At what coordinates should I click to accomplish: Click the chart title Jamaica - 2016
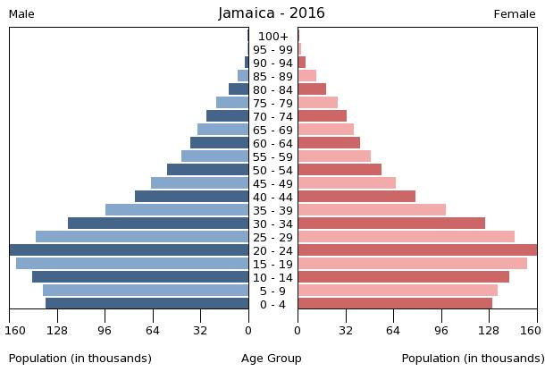click(272, 13)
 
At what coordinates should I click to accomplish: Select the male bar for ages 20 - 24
click(130, 250)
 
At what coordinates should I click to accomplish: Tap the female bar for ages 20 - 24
click(417, 250)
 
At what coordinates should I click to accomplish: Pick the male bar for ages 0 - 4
click(147, 304)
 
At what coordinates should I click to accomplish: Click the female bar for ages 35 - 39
click(372, 210)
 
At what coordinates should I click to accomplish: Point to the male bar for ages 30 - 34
click(158, 224)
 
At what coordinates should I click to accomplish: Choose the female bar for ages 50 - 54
click(340, 170)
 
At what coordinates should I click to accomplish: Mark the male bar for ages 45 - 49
click(200, 183)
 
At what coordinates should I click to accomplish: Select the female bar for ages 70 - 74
click(322, 116)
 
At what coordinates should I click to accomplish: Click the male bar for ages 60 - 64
click(220, 143)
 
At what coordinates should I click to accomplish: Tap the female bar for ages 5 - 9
click(398, 291)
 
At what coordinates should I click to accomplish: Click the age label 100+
click(272, 37)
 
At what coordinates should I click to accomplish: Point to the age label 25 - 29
click(272, 237)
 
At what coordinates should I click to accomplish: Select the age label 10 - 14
click(272, 277)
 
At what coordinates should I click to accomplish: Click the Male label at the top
click(21, 14)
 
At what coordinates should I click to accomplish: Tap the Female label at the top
click(515, 14)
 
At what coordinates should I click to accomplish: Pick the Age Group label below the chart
click(272, 359)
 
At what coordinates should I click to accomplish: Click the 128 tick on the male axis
click(57, 329)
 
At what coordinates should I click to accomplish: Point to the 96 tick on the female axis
click(441, 329)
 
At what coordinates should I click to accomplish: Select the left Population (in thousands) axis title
click(80, 359)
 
